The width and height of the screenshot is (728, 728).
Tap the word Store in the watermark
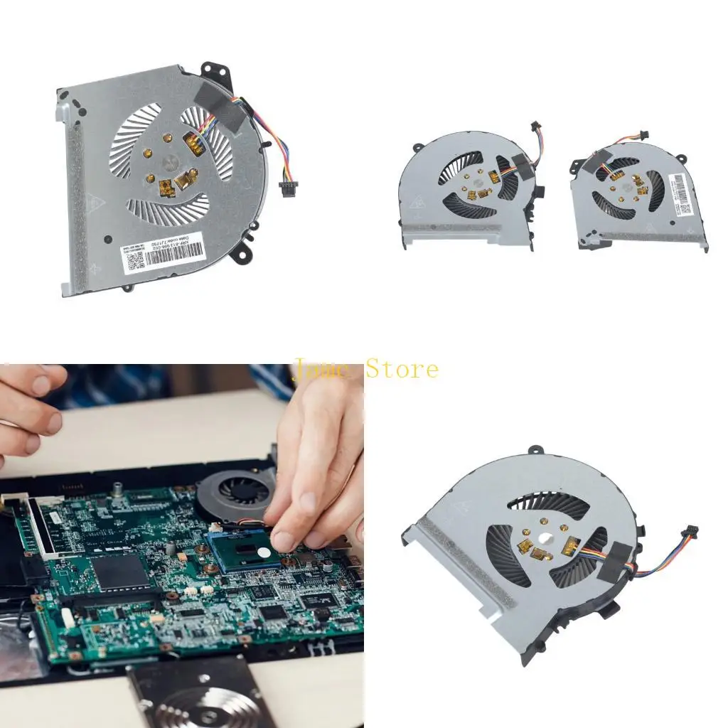pos(402,369)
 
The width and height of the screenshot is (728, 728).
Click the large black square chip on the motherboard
pos(119,573)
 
